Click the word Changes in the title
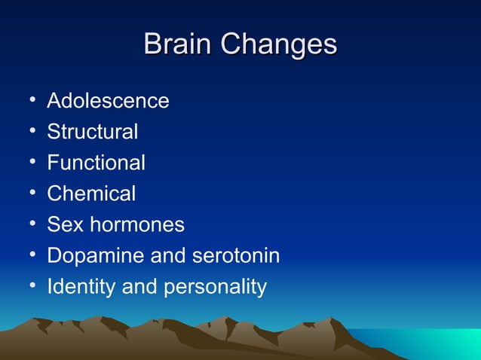(x=279, y=44)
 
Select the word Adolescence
(x=108, y=101)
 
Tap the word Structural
(x=92, y=132)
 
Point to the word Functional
(x=96, y=163)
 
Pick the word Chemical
(x=91, y=194)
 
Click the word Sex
(x=62, y=224)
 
